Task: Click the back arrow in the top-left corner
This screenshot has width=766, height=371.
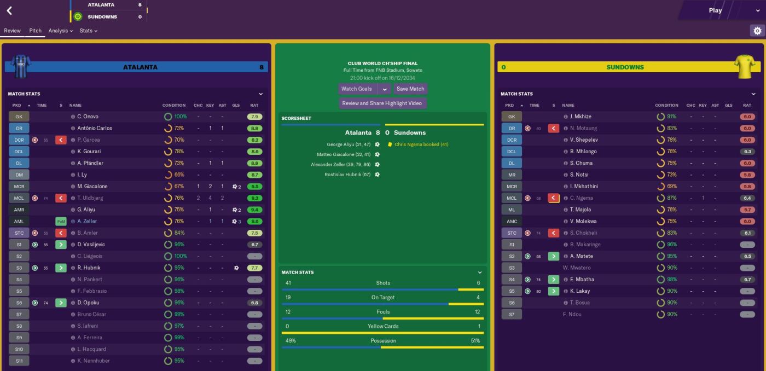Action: [9, 10]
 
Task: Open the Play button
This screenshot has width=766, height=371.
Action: [715, 10]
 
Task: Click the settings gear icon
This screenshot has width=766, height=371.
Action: [757, 31]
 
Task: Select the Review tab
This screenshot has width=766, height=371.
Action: [12, 31]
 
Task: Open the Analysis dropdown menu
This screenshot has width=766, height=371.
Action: [60, 31]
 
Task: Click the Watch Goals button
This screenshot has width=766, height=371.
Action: [357, 89]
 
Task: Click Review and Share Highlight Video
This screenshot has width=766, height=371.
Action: [382, 103]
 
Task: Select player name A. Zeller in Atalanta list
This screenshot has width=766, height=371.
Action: [87, 221]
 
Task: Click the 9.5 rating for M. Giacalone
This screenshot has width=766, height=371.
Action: [254, 187]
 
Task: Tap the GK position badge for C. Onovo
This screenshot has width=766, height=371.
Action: [19, 117]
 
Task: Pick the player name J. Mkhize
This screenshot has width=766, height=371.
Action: [581, 117]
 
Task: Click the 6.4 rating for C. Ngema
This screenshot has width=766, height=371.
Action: [747, 198]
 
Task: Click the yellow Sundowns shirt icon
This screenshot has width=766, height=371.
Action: [745, 67]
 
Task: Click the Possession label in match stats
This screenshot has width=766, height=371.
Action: [382, 340]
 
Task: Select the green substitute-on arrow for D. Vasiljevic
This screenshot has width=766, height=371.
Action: [61, 245]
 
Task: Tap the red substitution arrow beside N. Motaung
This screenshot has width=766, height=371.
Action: [554, 129]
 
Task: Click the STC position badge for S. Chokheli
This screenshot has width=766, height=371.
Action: [512, 233]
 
